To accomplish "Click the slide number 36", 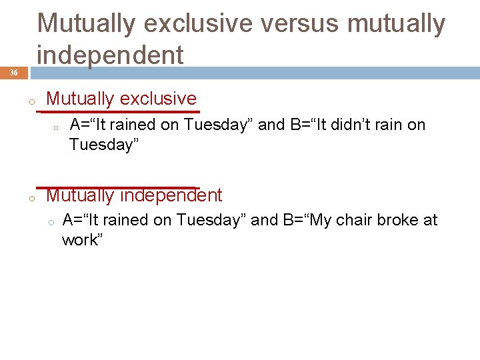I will tap(14, 73).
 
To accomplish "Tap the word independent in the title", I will tap(110, 55).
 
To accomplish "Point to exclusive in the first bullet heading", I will tap(158, 99).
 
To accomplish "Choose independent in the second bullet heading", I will tap(179, 195).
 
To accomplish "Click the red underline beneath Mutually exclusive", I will tap(120, 111).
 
